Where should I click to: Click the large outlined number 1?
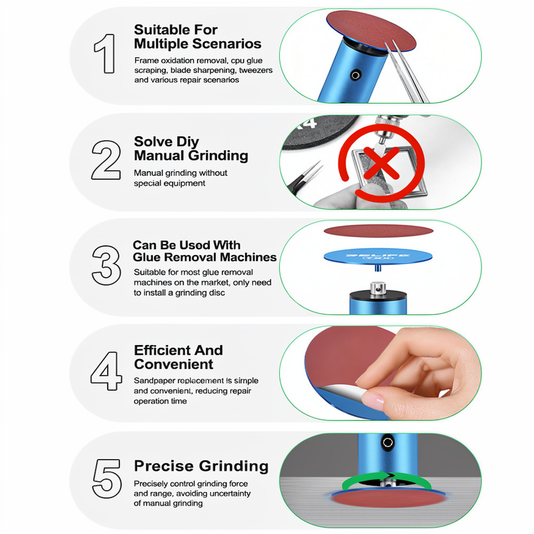click(x=105, y=53)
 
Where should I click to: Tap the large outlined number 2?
click(x=106, y=160)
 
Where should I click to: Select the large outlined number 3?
click(x=106, y=265)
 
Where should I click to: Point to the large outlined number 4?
click(x=106, y=371)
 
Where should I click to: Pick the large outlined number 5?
click(x=107, y=478)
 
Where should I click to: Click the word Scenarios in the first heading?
click(x=227, y=44)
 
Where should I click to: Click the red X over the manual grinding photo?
click(x=381, y=163)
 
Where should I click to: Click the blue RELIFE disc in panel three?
click(x=378, y=256)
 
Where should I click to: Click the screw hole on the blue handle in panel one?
click(x=355, y=75)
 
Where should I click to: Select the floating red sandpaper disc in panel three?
click(x=379, y=231)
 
